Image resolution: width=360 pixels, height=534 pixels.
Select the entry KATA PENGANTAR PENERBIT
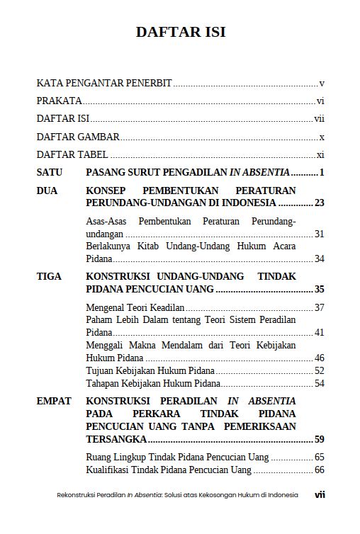coord(104,83)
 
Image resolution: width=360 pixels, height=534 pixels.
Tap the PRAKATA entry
coord(59,101)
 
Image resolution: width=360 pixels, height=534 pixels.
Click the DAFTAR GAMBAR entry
coord(78,137)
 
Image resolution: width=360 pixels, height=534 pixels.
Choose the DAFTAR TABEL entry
coord(72,154)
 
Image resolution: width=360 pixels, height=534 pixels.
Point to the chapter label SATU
coord(50,172)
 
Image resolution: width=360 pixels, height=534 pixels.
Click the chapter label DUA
coord(47,191)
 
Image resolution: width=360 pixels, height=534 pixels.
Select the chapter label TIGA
coord(49,276)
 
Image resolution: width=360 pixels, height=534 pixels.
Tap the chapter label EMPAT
coord(54,401)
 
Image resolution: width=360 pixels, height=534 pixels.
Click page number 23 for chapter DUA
coord(319,203)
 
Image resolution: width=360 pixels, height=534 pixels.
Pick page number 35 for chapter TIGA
coord(319,289)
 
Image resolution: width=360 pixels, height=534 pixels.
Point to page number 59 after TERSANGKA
coord(319,439)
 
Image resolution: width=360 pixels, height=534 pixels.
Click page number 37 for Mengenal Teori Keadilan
coord(319,307)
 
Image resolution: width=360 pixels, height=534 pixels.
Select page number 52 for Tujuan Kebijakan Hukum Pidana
coord(319,370)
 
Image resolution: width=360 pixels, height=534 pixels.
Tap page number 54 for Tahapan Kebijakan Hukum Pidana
coord(319,383)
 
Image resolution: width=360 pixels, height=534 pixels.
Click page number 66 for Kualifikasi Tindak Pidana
coord(319,470)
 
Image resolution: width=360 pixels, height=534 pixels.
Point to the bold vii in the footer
coord(319,495)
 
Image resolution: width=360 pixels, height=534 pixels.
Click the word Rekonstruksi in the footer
coord(76,495)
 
